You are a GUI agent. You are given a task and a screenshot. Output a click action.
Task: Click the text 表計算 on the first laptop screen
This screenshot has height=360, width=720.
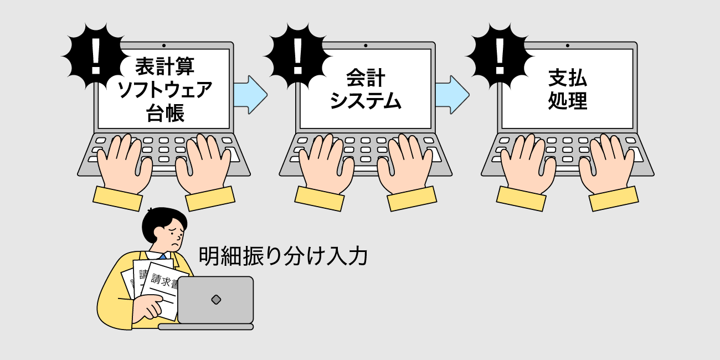point(164,66)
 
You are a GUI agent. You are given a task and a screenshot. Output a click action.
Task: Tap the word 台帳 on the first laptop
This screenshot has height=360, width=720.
point(165,112)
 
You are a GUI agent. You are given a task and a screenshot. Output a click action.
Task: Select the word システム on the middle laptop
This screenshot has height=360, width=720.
point(366,100)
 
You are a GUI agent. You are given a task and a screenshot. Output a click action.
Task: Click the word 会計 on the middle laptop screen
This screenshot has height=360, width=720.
point(366,78)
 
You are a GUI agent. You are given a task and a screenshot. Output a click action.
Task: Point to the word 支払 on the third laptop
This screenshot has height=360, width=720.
point(568,78)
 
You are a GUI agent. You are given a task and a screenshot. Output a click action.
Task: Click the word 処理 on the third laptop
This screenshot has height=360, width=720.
point(568,100)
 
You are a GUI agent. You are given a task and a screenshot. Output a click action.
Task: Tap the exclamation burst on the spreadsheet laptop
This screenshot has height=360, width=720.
point(95,56)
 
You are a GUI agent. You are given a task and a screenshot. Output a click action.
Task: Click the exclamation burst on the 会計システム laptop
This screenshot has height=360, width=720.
point(297,56)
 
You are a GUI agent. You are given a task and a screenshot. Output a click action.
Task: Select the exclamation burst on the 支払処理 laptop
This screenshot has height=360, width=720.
point(499,56)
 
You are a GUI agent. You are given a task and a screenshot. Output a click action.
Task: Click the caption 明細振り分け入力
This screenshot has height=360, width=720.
point(283,256)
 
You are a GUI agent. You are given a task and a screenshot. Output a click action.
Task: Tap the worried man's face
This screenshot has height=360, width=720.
point(171,236)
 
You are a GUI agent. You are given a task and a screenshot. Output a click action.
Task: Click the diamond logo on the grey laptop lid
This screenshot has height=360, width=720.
point(216,300)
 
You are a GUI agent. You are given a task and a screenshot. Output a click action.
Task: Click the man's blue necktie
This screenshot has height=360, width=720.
point(163,256)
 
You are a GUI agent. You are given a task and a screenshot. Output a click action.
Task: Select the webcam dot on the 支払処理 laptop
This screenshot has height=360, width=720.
point(567,45)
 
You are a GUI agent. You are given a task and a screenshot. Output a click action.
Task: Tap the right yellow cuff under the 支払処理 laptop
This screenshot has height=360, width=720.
point(614,199)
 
